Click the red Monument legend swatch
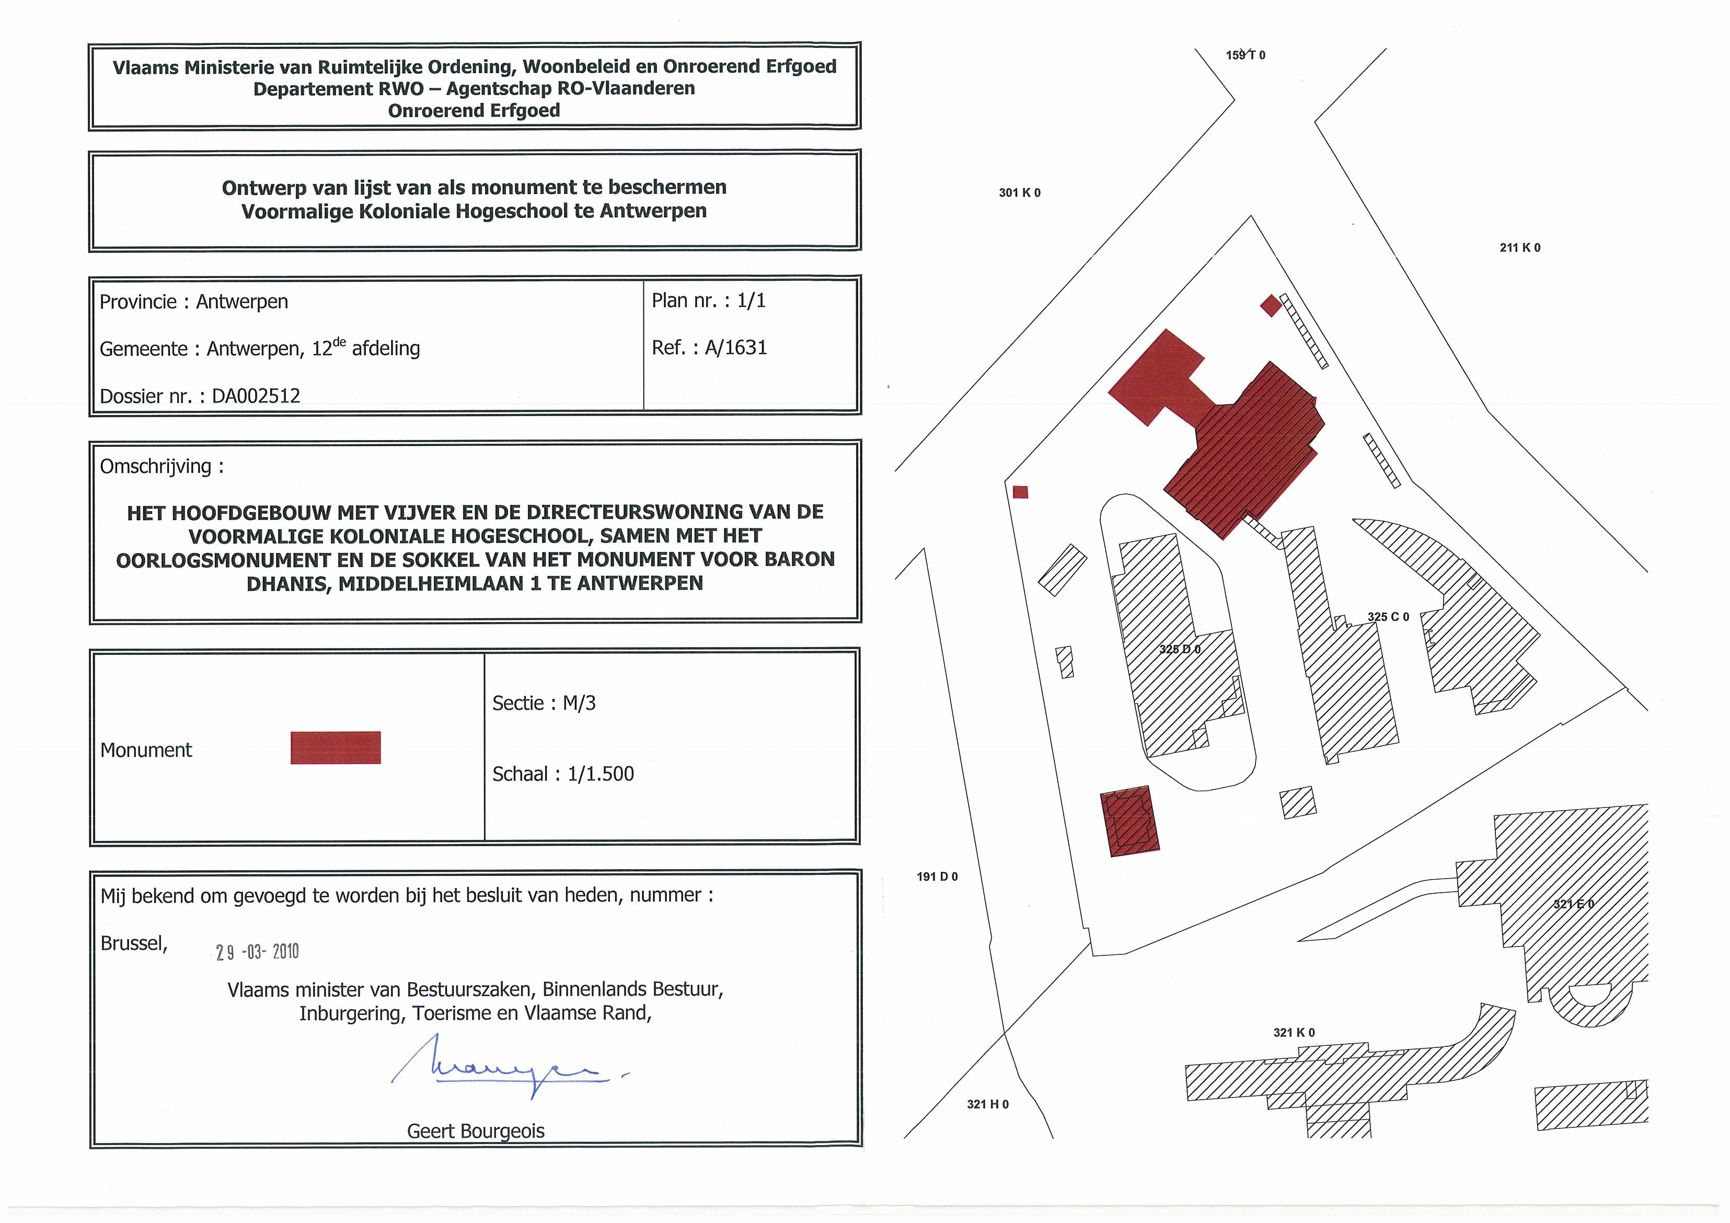[x=336, y=747]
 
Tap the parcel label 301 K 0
[x=1020, y=193]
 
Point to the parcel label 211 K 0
[x=1520, y=247]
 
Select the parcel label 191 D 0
[x=937, y=876]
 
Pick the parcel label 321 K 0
[x=1294, y=1032]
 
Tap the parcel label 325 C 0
[x=1388, y=616]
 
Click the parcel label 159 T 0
[x=1245, y=55]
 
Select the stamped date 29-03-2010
[x=257, y=952]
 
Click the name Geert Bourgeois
[x=476, y=1130]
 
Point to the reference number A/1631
[x=736, y=348]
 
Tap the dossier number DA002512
[x=256, y=396]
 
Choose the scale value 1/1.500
[x=601, y=774]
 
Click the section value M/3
[x=580, y=703]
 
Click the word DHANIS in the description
[x=289, y=583]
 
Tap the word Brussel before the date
[x=133, y=943]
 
